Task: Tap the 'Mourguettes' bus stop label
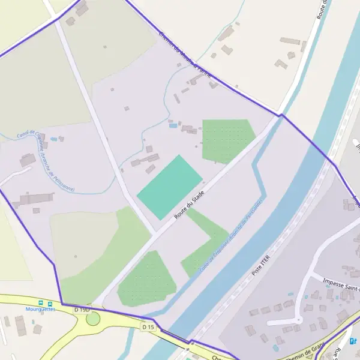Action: pos(40,310)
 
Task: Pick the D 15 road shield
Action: pos(148,326)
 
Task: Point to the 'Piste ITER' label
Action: pos(262,265)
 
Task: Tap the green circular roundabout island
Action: pos(93,318)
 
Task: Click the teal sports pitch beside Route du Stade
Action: pos(170,187)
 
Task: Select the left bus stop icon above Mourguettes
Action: pos(41,303)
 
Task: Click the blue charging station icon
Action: pos(353,341)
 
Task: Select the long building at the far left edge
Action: pos(33,199)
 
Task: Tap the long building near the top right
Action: pos(290,41)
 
